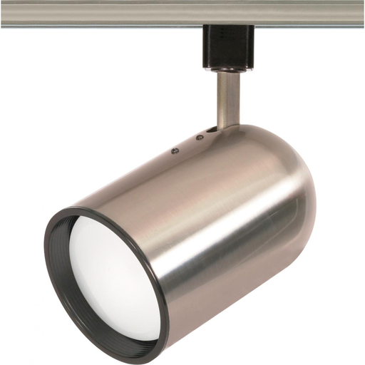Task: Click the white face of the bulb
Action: pos(114,278)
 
